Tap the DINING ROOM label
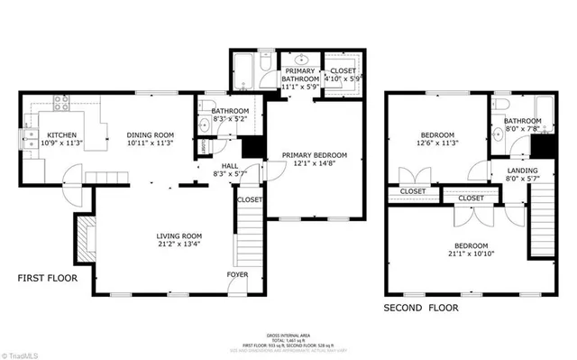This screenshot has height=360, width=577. click(x=149, y=134)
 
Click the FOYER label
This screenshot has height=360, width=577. click(x=238, y=273)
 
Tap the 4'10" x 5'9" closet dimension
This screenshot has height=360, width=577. click(x=343, y=79)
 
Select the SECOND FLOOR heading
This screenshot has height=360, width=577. click(x=421, y=308)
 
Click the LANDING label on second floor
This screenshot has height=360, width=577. click(x=522, y=170)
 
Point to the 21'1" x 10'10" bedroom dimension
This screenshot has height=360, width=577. click(x=471, y=255)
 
